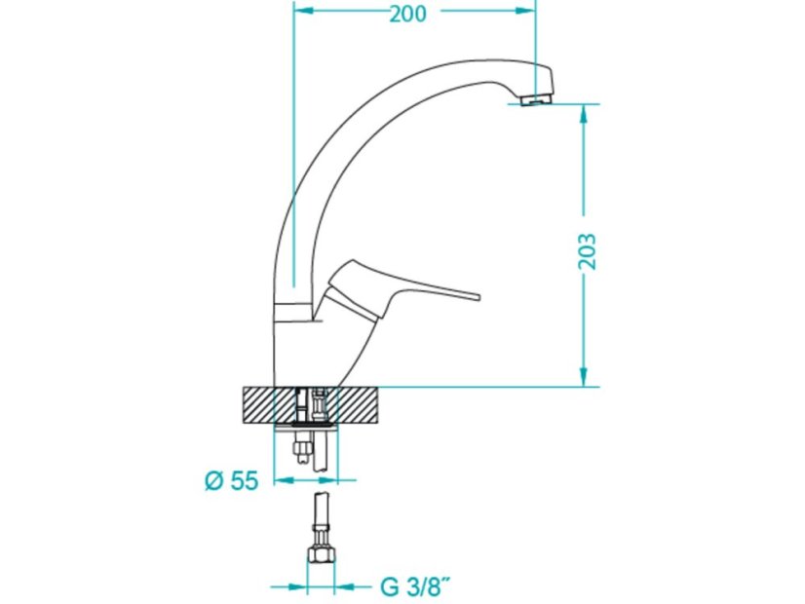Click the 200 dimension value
(407, 14)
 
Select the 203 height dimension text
(587, 251)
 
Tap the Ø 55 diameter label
(232, 481)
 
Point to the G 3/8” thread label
(416, 586)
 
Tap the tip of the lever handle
(478, 296)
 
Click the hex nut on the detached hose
(321, 555)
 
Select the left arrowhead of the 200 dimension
(303, 11)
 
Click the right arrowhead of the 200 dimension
(525, 11)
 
